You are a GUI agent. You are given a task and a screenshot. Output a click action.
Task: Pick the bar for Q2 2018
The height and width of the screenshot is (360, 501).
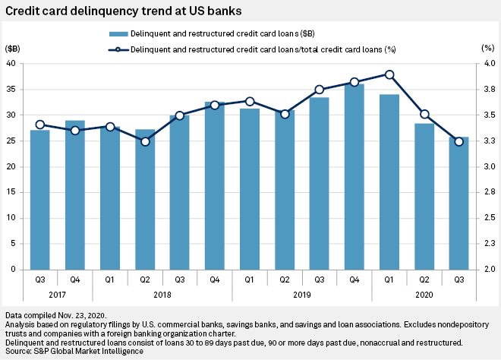(145, 199)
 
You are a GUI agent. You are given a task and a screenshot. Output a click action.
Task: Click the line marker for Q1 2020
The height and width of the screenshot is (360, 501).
(389, 74)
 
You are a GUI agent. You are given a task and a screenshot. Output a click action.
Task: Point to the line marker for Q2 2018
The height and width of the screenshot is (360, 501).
(145, 141)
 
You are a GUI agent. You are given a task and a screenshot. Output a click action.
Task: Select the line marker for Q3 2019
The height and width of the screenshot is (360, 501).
(319, 90)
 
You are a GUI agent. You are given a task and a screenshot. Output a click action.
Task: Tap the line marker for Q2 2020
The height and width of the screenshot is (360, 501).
(424, 115)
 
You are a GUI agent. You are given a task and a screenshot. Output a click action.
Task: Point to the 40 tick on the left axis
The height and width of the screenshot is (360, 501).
(14, 64)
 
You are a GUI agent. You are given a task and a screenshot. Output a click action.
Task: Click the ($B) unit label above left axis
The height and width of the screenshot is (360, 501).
(13, 47)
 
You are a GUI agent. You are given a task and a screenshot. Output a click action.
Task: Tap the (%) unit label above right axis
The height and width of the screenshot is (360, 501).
(487, 47)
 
